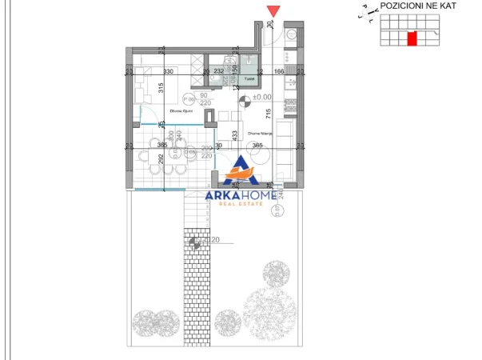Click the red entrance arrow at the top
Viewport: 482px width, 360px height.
click(x=273, y=10)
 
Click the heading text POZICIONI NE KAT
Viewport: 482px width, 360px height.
click(x=418, y=6)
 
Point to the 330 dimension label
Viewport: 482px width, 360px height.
click(x=168, y=72)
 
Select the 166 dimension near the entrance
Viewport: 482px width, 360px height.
click(x=280, y=72)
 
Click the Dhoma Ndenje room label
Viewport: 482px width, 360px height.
click(x=261, y=134)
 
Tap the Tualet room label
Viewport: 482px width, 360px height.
click(x=249, y=79)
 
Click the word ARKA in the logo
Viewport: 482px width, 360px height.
click(x=229, y=195)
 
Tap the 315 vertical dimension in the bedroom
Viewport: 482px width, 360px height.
click(x=161, y=90)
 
